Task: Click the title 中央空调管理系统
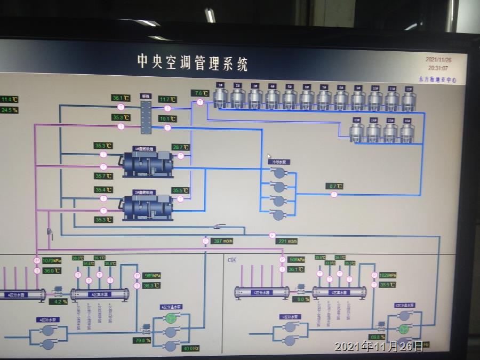point(193,62)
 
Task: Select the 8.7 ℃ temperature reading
point(334,186)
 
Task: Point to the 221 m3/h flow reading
point(288,241)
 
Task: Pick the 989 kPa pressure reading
point(152,276)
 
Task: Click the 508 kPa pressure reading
point(297,260)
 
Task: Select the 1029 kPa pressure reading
point(388,275)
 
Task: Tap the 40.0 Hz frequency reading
point(190,348)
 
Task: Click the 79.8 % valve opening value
point(142,340)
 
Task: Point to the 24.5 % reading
point(9,110)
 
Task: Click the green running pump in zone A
point(170,318)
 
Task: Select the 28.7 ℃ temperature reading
point(181,147)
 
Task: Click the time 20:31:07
point(438,68)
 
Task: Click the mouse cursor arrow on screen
point(270,156)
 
